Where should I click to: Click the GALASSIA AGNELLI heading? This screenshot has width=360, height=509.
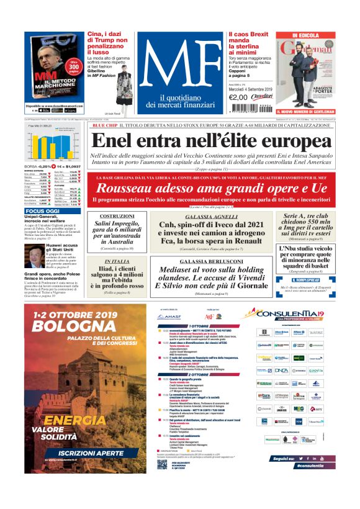[x=211, y=216]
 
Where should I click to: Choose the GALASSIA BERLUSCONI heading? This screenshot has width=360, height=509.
[x=211, y=262]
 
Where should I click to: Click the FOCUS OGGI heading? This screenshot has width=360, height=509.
[x=43, y=212]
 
